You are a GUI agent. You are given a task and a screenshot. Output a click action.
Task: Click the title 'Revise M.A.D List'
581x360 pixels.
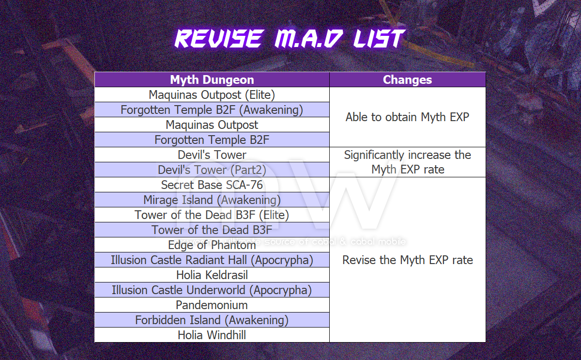pos(290,38)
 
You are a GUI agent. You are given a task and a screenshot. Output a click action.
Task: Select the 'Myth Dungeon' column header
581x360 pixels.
pos(212,79)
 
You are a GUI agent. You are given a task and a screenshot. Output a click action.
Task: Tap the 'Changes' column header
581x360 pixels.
pos(407,79)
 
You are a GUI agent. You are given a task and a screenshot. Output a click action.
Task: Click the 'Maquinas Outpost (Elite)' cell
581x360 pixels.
pos(212,95)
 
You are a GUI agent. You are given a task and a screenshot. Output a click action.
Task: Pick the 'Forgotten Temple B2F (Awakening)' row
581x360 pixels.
pos(212,110)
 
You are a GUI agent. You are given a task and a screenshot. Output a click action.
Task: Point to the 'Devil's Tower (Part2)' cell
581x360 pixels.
pos(212,170)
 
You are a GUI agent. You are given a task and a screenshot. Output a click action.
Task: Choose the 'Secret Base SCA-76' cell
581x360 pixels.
pos(212,185)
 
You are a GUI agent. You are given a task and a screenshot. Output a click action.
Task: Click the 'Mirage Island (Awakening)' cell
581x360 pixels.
pos(212,200)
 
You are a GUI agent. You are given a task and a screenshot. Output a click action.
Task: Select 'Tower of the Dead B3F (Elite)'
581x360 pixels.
pos(212,215)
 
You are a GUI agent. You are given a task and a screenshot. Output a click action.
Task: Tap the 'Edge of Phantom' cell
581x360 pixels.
pos(212,245)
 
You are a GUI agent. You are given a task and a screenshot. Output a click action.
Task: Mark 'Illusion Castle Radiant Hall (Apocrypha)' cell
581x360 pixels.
pos(212,260)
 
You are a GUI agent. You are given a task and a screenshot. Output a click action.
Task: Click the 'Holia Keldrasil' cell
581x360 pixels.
pos(212,275)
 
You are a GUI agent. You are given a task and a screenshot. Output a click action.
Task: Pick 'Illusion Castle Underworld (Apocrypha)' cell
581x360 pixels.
pos(212,290)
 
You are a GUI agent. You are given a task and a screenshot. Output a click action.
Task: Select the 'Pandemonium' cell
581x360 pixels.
pos(212,305)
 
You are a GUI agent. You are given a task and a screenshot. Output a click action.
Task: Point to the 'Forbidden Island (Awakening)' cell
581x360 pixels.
pos(212,320)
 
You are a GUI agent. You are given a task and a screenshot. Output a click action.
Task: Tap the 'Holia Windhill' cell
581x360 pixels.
pos(212,335)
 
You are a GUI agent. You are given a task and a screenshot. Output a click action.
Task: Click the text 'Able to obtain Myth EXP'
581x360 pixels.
pos(407,117)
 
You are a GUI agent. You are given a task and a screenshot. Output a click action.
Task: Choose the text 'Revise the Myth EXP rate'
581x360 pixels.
pos(408,260)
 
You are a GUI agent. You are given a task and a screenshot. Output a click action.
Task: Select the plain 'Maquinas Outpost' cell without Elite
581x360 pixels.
pos(212,125)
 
